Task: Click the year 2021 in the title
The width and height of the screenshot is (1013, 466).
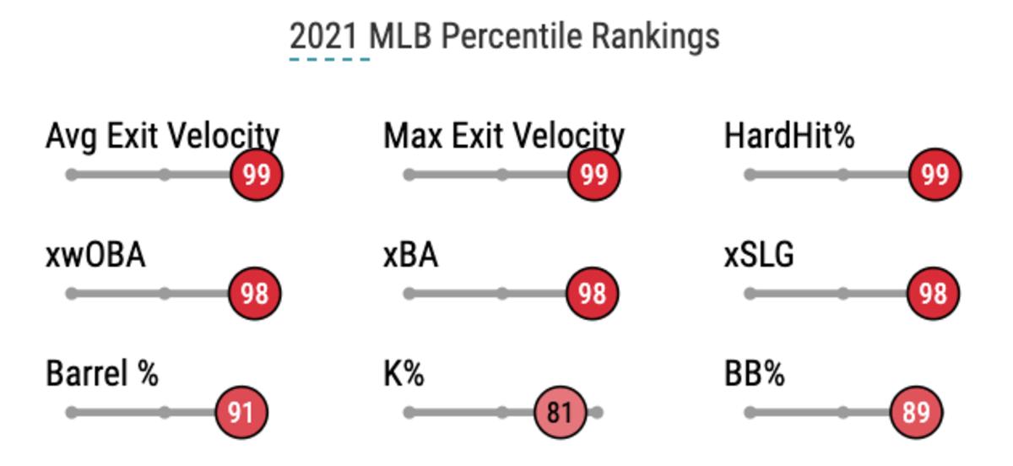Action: tap(329, 37)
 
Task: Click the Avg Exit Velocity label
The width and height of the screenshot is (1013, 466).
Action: tap(162, 136)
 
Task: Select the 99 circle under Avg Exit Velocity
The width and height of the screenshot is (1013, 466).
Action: tap(257, 175)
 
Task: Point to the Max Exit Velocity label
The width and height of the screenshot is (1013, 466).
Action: tap(504, 136)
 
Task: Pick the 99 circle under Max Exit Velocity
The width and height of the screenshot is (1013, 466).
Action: tap(593, 175)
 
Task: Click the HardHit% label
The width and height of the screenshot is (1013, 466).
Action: tap(789, 136)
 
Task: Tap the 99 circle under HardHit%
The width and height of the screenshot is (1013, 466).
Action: tap(934, 175)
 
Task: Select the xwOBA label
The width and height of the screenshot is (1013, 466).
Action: tap(95, 254)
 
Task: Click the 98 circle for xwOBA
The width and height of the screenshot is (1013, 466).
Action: tap(254, 293)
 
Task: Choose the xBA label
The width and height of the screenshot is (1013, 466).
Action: tap(410, 254)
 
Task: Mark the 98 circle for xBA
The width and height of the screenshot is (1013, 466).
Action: tap(592, 293)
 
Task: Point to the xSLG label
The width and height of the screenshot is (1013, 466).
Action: tap(759, 254)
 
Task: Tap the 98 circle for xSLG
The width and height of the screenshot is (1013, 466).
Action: tap(933, 293)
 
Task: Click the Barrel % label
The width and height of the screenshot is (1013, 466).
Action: tap(102, 373)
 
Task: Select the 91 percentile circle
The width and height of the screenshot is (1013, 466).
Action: tap(241, 412)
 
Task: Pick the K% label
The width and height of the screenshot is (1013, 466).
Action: tap(404, 373)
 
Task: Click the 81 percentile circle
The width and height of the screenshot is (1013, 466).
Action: tap(560, 412)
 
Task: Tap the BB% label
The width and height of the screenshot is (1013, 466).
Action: tap(754, 373)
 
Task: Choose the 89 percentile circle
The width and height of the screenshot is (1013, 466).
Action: tap(916, 412)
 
